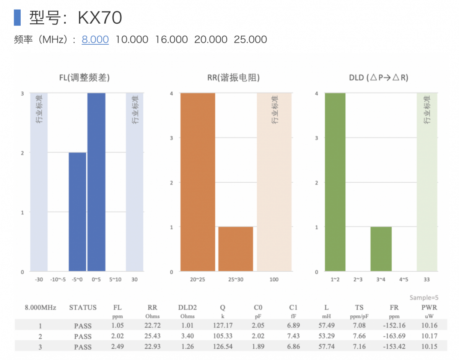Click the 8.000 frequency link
tap(95, 39)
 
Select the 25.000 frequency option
tap(250, 39)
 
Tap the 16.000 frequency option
tap(171, 39)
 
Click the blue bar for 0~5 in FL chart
tap(96, 182)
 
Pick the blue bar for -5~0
tap(77, 212)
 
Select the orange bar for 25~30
tap(236, 249)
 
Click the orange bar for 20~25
tap(198, 182)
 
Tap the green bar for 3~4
tap(381, 249)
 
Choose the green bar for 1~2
tap(335, 182)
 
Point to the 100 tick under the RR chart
tap(274, 280)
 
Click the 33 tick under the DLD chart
tap(426, 280)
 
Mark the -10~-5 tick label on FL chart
tap(58, 280)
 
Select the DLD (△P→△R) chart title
tap(379, 78)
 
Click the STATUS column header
tap(83, 308)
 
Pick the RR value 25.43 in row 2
tap(152, 336)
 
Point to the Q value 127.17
tap(222, 326)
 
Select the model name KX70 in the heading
tap(100, 18)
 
